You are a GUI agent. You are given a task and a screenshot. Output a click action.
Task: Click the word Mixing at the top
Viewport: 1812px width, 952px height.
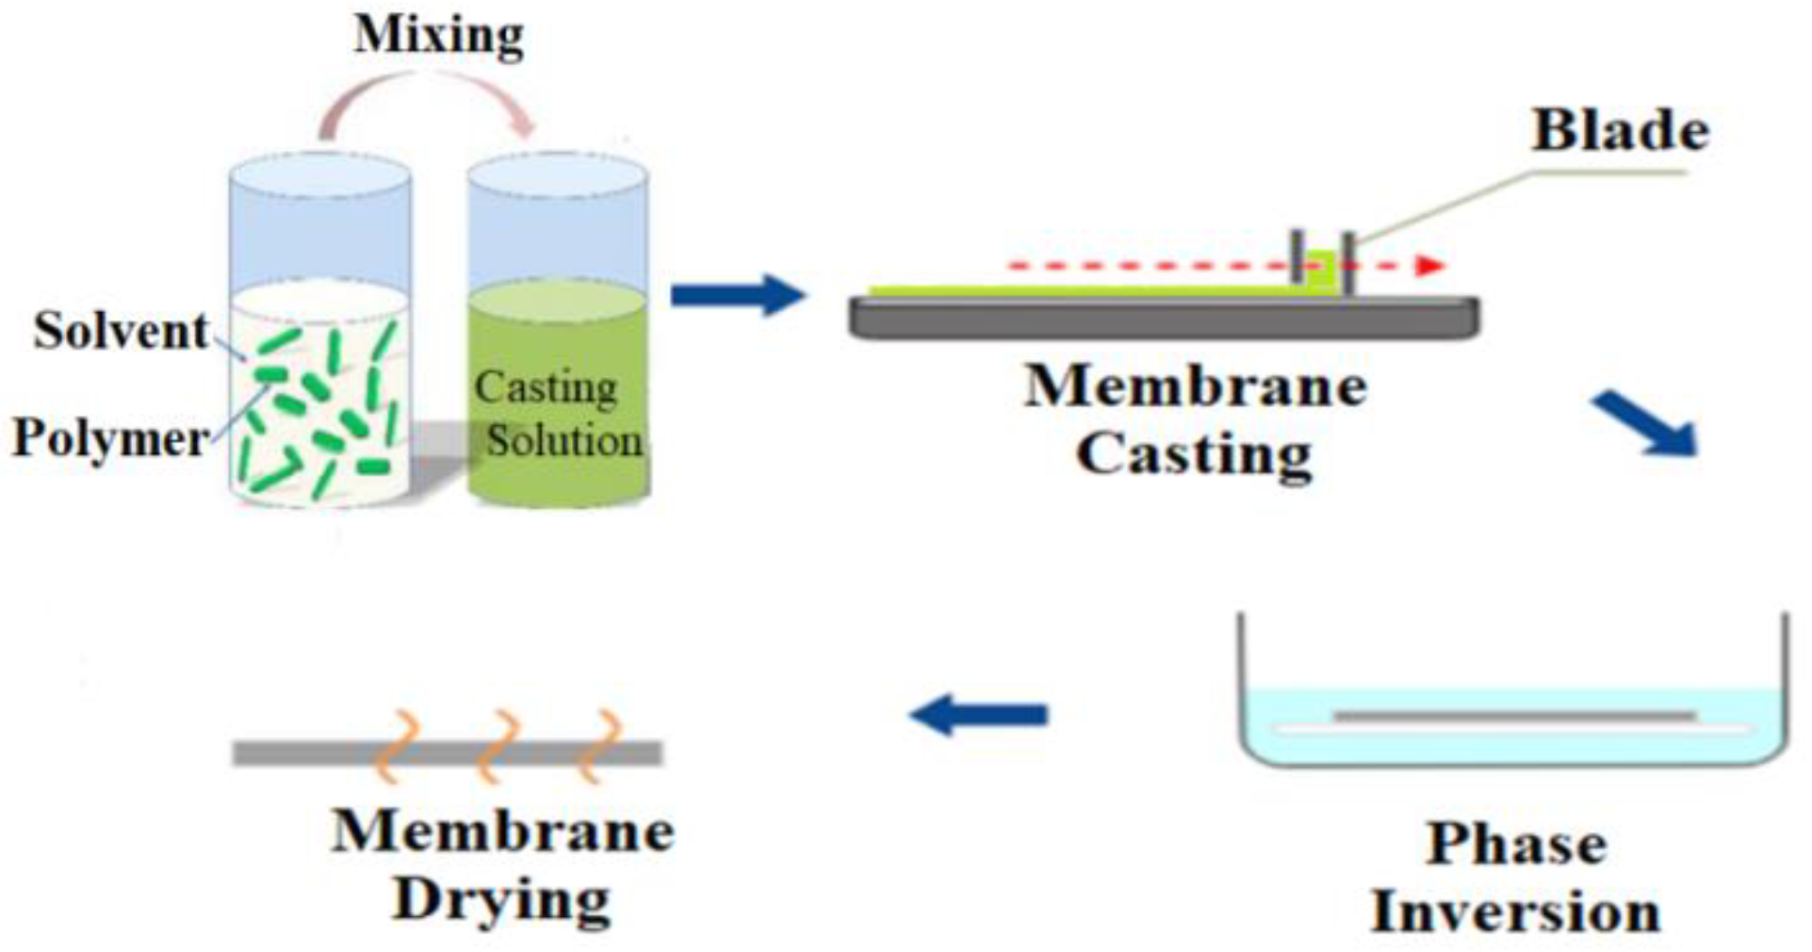(438, 36)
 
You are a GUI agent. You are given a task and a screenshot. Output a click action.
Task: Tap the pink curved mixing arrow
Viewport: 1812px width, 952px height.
(429, 90)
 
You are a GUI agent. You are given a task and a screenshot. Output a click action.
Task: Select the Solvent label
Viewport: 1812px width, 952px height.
(121, 331)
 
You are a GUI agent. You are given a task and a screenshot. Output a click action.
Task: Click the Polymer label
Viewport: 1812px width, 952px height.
(110, 438)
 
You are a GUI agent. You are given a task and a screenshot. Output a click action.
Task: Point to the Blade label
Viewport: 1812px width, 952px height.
(1620, 130)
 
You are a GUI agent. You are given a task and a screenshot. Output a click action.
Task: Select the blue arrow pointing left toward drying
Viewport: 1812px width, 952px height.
(980, 714)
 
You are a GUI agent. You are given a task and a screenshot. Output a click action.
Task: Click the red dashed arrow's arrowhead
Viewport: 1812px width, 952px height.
(1430, 266)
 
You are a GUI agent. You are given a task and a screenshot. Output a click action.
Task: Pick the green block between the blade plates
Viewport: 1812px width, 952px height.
(1322, 271)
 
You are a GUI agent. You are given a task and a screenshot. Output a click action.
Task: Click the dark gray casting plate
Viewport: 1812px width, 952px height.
(1164, 318)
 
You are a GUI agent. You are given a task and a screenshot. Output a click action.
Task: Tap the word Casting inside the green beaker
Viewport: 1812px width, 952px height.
(546, 387)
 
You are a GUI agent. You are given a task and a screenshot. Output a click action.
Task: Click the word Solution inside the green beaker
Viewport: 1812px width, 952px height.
(563, 440)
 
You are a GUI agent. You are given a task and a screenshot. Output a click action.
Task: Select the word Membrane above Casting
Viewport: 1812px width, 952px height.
(1195, 386)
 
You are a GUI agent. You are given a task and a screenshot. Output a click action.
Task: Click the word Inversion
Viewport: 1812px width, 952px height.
(1515, 911)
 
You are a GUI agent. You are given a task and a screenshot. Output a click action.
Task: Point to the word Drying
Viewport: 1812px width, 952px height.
(501, 900)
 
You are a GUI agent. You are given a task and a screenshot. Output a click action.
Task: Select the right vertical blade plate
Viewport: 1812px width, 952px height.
(1348, 263)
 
